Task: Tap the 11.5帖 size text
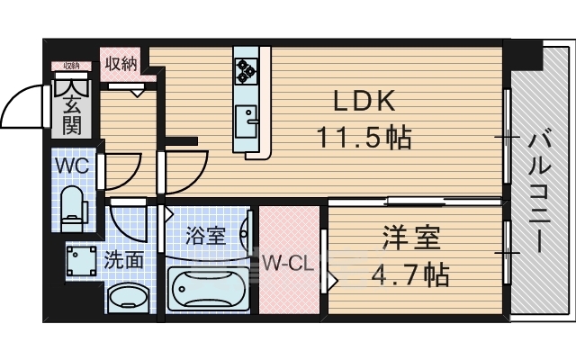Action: click(x=364, y=137)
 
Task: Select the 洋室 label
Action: click(x=412, y=238)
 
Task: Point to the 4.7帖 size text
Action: click(x=412, y=274)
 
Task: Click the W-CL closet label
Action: click(x=289, y=265)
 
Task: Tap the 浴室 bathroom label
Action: click(x=205, y=238)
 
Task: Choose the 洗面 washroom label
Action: click(x=123, y=261)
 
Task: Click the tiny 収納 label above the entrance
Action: click(x=72, y=66)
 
